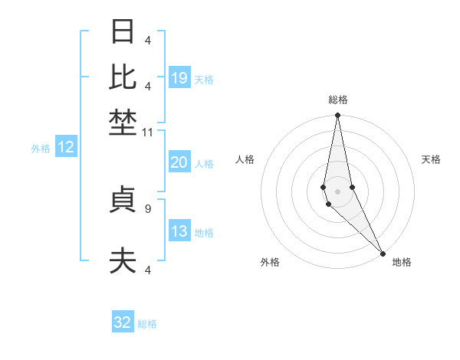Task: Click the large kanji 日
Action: (123, 32)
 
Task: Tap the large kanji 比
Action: (123, 76)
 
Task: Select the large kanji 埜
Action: (123, 121)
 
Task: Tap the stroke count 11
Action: (148, 133)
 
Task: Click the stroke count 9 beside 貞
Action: (148, 208)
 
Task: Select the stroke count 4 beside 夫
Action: (148, 270)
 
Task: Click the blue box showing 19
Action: (179, 78)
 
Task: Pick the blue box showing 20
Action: (179, 162)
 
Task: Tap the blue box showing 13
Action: (179, 231)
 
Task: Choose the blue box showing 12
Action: (66, 148)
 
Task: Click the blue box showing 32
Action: (123, 322)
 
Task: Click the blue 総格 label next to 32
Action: (147, 324)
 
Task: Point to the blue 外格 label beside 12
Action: (41, 149)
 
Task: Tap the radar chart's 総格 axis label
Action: (338, 100)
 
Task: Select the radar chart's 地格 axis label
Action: (402, 262)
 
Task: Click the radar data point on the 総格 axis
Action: (337, 116)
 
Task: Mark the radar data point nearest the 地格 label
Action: (383, 253)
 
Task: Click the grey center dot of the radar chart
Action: (337, 191)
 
